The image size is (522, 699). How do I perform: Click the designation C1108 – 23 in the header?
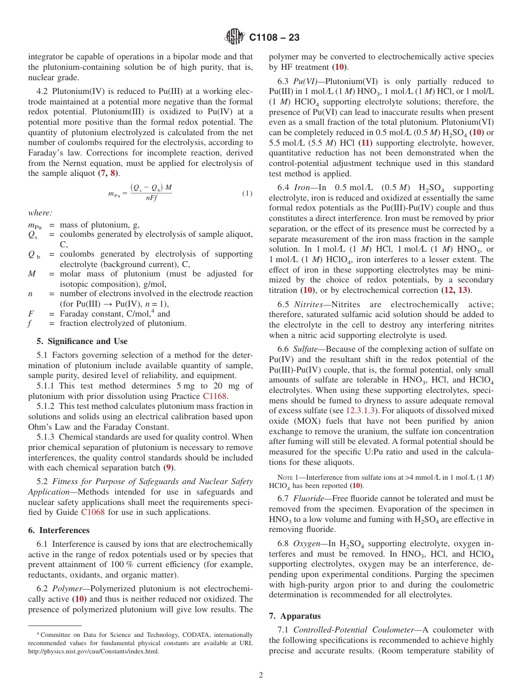tap(274, 38)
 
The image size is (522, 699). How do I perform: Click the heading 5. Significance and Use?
tap(82, 341)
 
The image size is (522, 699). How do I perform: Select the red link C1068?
tap(92, 512)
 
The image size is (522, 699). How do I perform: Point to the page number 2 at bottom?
tap(261, 675)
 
